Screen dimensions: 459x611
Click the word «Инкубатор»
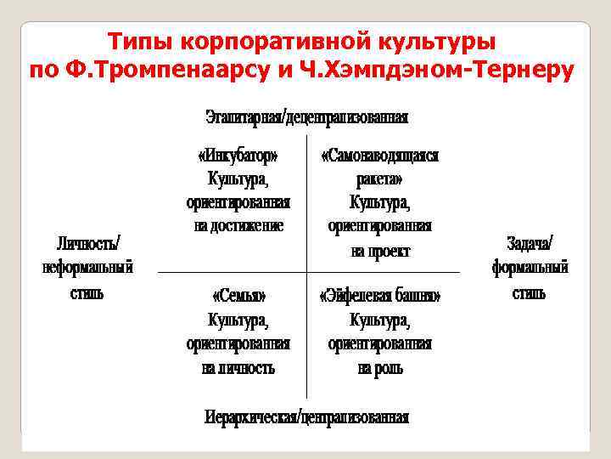(x=238, y=156)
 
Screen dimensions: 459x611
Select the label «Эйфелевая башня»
(x=379, y=296)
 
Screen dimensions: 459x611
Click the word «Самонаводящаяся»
(x=379, y=156)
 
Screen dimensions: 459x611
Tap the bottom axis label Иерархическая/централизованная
(x=306, y=417)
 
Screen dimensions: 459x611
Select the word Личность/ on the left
(x=88, y=242)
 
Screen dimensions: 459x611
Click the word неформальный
(x=88, y=268)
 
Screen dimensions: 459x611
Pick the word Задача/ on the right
(x=530, y=242)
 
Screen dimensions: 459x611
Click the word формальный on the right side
(x=530, y=268)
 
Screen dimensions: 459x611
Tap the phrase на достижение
(x=238, y=226)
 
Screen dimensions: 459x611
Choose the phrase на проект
(x=379, y=251)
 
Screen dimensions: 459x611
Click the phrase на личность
(x=238, y=368)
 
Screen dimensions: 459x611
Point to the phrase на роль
(x=379, y=368)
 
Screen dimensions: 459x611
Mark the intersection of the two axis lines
(x=306, y=272)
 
